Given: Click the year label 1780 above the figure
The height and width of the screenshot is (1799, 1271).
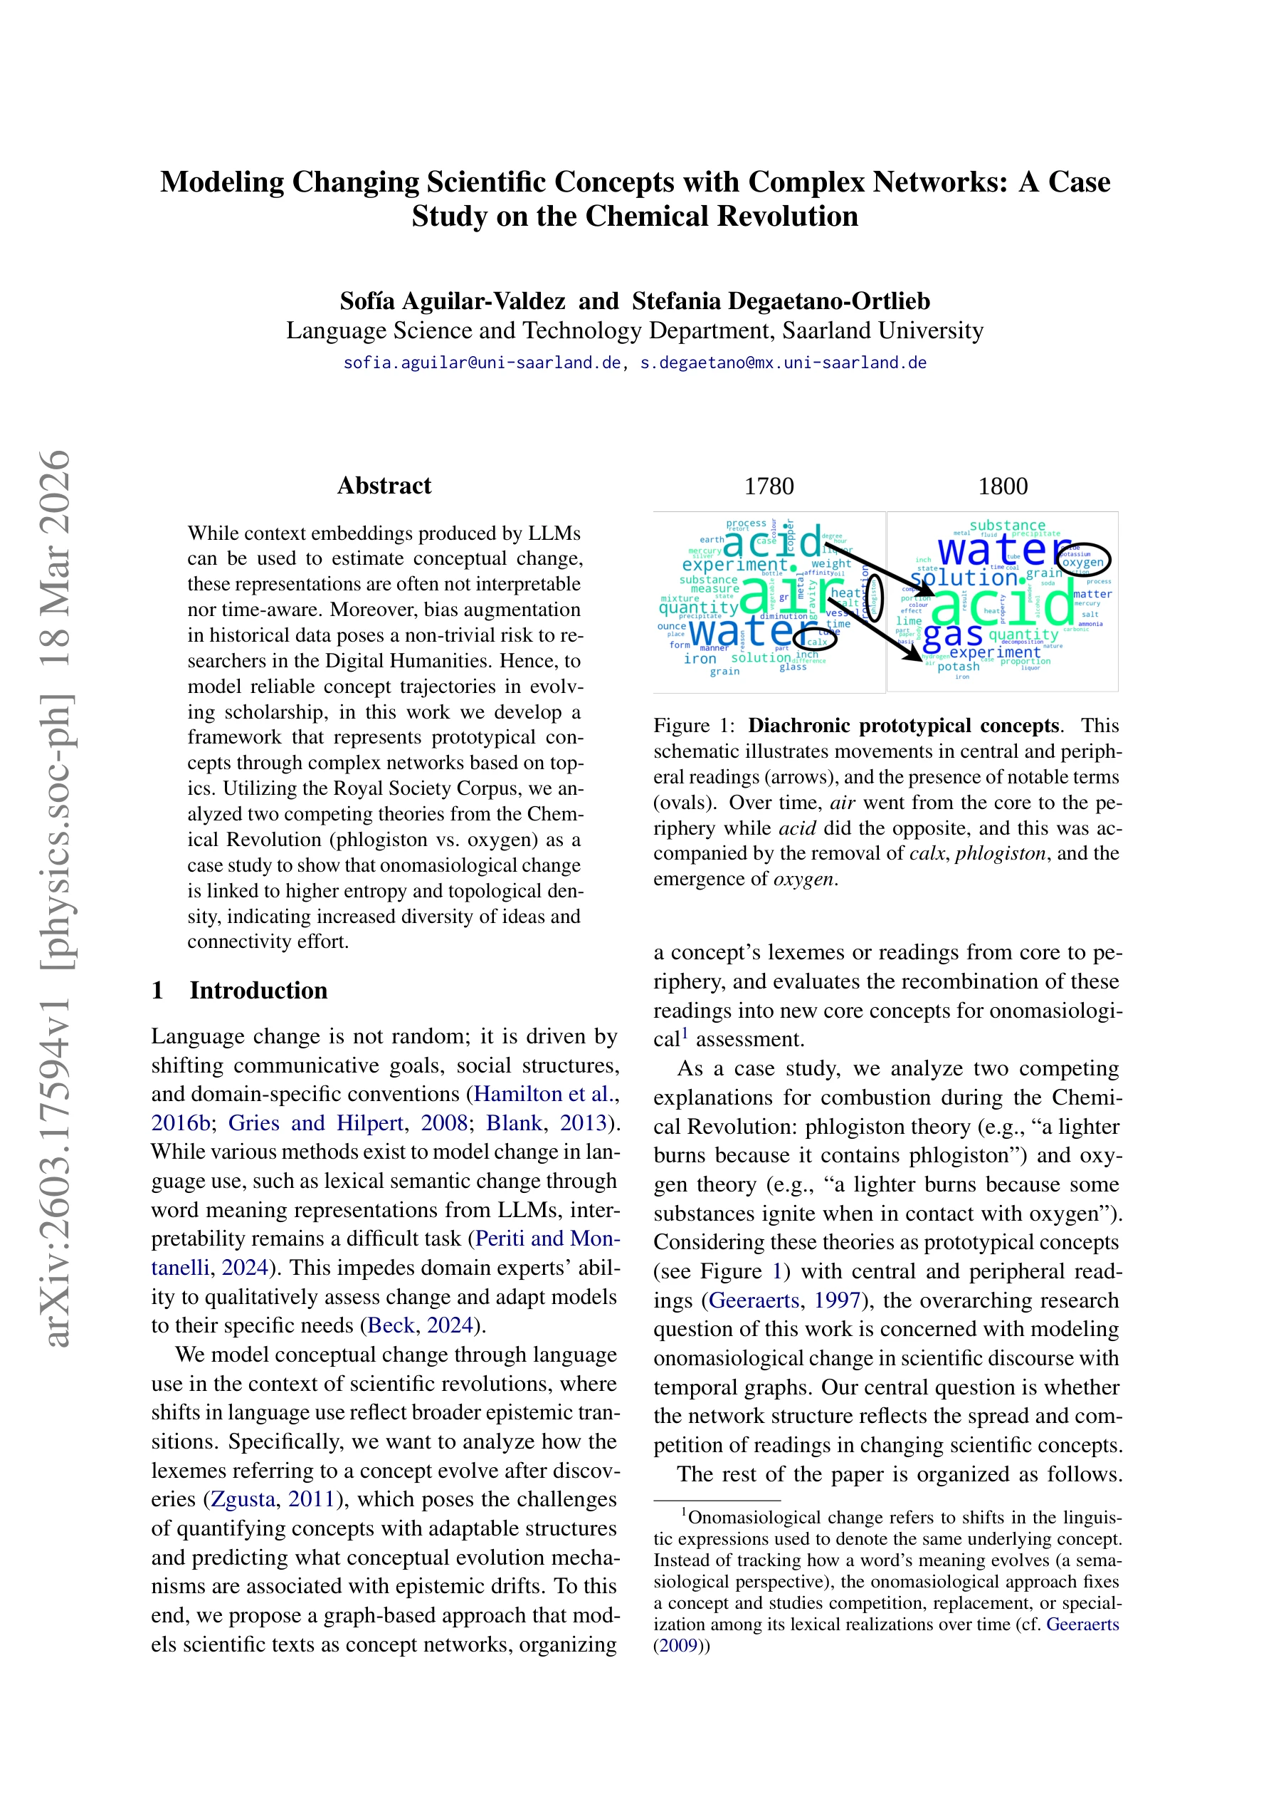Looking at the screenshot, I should [769, 486].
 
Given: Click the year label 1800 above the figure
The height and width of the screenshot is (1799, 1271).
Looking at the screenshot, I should [1003, 486].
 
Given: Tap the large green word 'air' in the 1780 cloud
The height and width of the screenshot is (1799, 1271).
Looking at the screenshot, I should [775, 595].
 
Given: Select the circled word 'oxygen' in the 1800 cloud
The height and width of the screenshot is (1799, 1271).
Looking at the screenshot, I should [1083, 561].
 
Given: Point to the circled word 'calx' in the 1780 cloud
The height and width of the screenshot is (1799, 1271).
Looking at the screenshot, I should [817, 641].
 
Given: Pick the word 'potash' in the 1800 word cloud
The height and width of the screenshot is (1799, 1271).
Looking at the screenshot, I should [958, 667].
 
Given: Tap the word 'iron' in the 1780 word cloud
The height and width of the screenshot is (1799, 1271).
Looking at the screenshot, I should [700, 659].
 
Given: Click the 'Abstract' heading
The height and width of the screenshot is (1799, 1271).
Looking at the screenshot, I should [384, 486].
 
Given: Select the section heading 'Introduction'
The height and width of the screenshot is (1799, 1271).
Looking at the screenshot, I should [258, 991].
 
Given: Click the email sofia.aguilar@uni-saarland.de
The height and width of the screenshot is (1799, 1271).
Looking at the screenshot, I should [482, 363].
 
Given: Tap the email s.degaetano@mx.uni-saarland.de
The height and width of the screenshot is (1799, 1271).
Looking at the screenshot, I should [783, 363].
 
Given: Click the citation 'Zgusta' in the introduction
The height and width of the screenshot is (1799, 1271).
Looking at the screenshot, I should [243, 1499].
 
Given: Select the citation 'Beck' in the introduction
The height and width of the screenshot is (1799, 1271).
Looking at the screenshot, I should [391, 1325].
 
